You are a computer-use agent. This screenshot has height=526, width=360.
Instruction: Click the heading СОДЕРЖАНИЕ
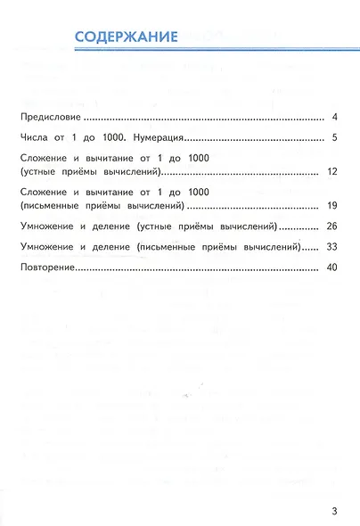[x=126, y=37]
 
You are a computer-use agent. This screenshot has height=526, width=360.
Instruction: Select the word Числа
[x=34, y=138]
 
